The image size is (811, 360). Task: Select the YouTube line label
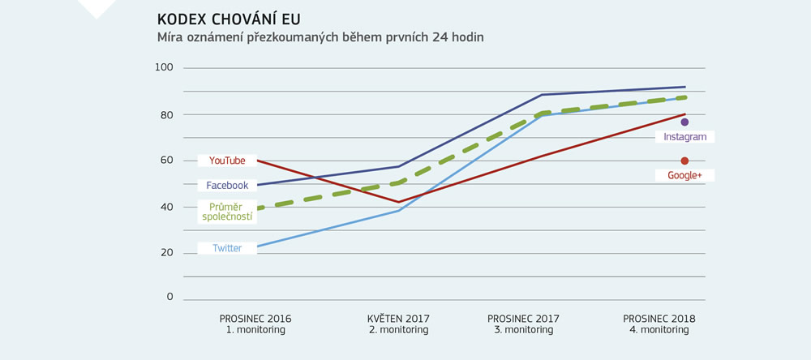(x=227, y=161)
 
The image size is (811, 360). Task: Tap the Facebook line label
(x=227, y=185)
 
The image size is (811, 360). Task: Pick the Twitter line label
(x=227, y=248)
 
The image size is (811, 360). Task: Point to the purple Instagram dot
(x=684, y=122)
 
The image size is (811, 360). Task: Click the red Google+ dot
(x=684, y=161)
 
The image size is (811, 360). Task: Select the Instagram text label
(x=684, y=137)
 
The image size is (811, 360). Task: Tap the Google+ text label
(x=684, y=175)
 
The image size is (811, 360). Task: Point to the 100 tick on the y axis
(x=164, y=67)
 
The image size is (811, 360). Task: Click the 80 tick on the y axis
(x=166, y=114)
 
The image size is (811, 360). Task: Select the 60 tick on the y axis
(x=166, y=160)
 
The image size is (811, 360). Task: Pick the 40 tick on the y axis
(x=166, y=206)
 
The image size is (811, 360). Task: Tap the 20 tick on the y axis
(x=166, y=252)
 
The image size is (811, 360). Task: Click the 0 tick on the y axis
(x=169, y=297)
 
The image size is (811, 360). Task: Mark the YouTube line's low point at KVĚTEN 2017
(x=399, y=202)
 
